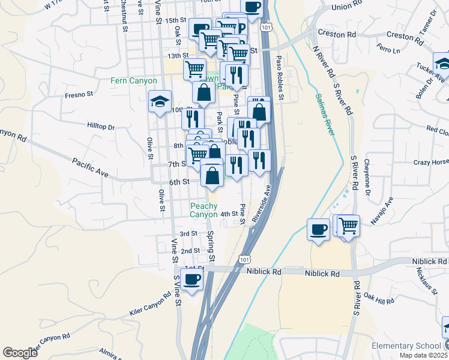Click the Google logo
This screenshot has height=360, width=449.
coord(20,353)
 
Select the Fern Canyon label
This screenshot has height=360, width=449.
coord(133,80)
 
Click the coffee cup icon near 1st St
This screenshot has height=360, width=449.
coord(192,280)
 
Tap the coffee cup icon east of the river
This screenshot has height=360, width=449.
coord(318,229)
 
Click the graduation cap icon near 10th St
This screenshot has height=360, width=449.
coord(160,101)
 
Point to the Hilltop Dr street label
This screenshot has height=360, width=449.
coord(101,127)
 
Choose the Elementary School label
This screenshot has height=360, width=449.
coord(405,346)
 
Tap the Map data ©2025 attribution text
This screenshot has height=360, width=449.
coord(423,355)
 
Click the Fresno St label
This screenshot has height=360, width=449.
coord(79,94)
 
